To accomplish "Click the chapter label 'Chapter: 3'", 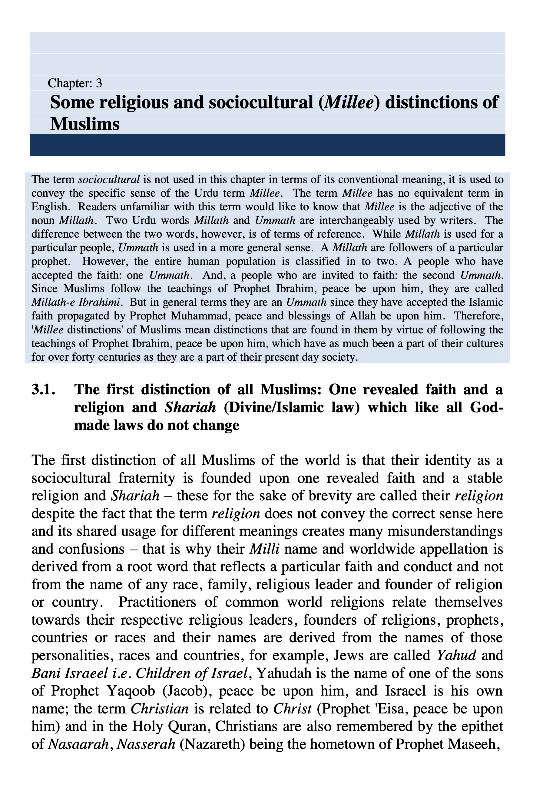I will pyautogui.click(x=74, y=83).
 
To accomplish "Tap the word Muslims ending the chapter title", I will pyautogui.click(x=85, y=124).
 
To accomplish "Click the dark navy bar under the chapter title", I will pyautogui.click(x=267, y=145).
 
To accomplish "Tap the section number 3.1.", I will pyautogui.click(x=43, y=389).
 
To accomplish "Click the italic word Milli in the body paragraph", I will pyautogui.click(x=264, y=549).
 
